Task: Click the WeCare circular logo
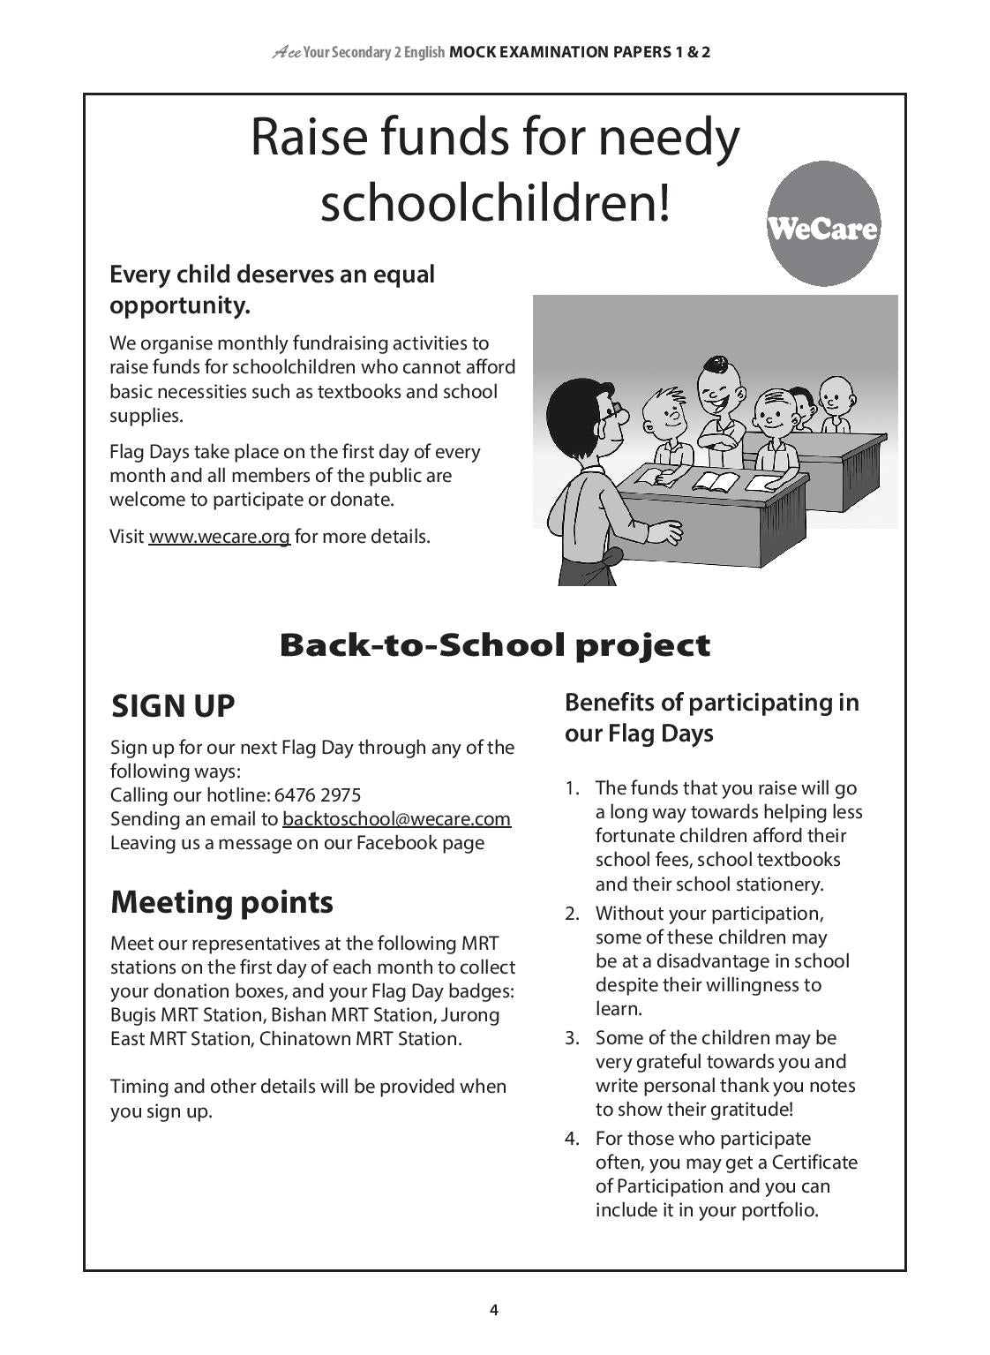[823, 224]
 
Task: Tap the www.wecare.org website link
[219, 537]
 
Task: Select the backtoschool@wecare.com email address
[396, 819]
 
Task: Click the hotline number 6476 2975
[318, 795]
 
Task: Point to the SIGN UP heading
[173, 706]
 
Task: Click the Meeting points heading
[221, 902]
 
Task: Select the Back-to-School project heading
[494, 645]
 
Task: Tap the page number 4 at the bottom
[494, 1310]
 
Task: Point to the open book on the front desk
[715, 482]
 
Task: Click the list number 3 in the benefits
[572, 1038]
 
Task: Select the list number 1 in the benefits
[572, 788]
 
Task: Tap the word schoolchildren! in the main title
[494, 203]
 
